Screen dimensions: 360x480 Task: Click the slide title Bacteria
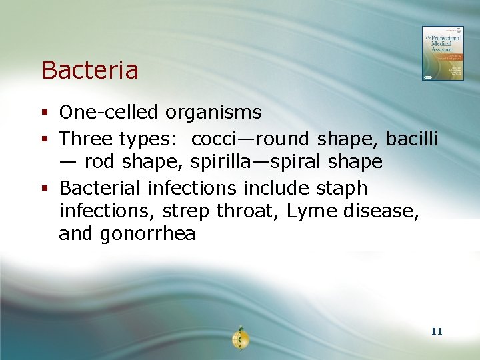(90, 70)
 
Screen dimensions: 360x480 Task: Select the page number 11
(437, 331)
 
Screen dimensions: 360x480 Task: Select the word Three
(86, 139)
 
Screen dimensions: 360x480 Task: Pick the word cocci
(217, 139)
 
